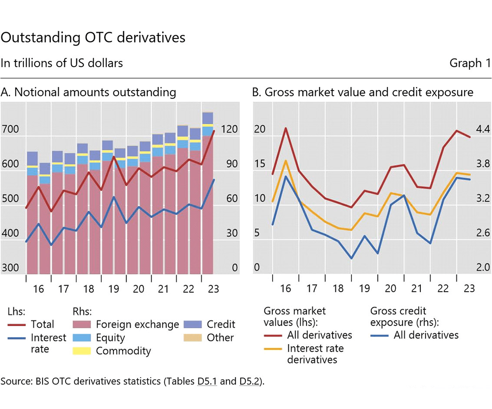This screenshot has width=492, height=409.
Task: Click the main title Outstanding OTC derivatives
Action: pos(93,37)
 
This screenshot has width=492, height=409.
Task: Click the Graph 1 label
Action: pos(470,63)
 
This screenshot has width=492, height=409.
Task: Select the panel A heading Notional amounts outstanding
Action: pos(88,92)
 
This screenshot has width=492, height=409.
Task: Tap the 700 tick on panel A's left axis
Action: pos(10,129)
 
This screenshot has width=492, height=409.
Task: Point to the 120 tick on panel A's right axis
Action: pos(229,129)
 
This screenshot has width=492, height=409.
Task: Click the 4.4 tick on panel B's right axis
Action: pos(483,129)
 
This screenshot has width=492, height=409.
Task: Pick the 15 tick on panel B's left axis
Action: pos(260,164)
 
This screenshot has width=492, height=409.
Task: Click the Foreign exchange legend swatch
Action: pos(81,324)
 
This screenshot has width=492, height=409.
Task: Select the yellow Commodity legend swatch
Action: pos(81,351)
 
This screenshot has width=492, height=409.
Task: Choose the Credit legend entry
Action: pos(221,324)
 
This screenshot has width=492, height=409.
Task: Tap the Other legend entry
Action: pos(220,338)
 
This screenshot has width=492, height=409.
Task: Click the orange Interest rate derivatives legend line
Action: pos(273,349)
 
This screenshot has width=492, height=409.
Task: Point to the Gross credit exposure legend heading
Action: pos(404,317)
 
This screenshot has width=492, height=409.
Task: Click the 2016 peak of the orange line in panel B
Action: pos(286,161)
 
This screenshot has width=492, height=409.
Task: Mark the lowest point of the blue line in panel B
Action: pos(351,258)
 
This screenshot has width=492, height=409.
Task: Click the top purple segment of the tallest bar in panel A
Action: pos(208,118)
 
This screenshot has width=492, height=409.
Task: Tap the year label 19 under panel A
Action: pos(113,289)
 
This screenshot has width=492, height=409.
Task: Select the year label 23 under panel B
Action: pos(469,289)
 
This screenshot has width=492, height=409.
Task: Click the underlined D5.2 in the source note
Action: pos(249,381)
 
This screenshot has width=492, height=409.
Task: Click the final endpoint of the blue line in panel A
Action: pos(214,180)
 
